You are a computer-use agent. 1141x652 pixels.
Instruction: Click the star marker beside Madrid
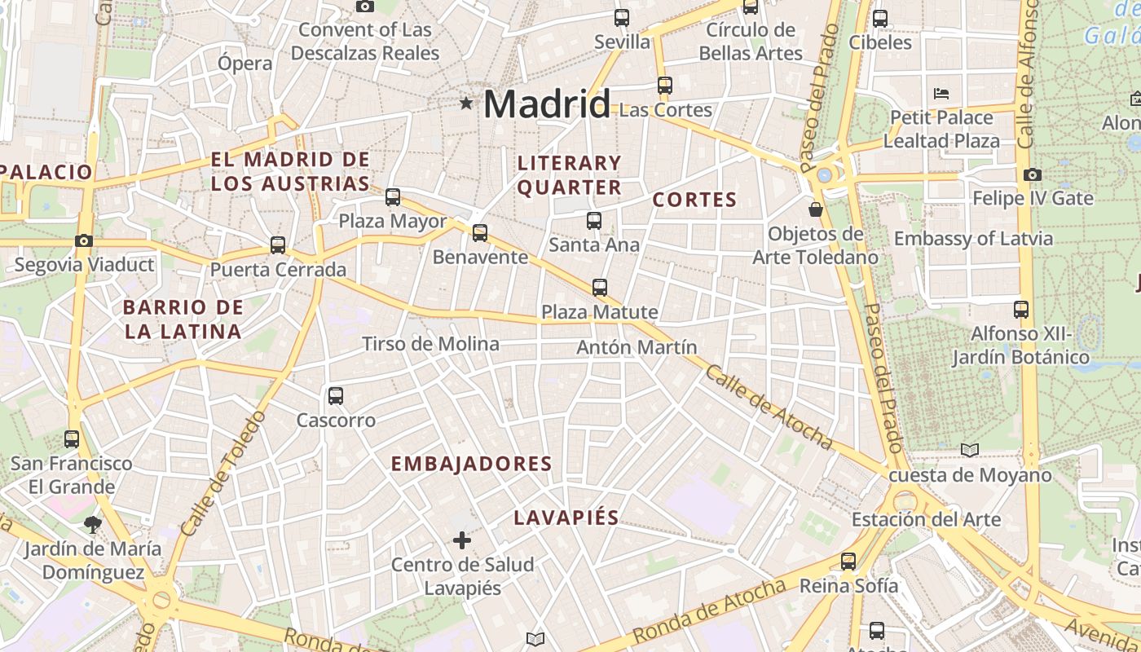pyautogui.click(x=466, y=103)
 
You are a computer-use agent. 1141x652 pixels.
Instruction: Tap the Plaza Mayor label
pyautogui.click(x=393, y=221)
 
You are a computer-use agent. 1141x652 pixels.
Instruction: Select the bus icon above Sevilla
pyautogui.click(x=622, y=17)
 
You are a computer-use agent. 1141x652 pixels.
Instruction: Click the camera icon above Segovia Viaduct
pyautogui.click(x=83, y=240)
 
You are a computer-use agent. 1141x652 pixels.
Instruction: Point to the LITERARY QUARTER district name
pyautogui.click(x=570, y=175)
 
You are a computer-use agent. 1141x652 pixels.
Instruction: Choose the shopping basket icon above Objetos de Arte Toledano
pyautogui.click(x=815, y=209)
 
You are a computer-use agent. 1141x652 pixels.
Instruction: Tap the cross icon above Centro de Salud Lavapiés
pyautogui.click(x=462, y=540)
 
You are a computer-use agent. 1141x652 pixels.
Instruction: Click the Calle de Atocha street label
pyautogui.click(x=769, y=407)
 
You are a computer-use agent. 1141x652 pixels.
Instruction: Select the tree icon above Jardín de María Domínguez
pyautogui.click(x=93, y=524)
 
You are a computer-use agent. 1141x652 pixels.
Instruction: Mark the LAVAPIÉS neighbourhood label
pyautogui.click(x=566, y=518)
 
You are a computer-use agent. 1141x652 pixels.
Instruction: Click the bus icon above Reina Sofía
pyautogui.click(x=848, y=561)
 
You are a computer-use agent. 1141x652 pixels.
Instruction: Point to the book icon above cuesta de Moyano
pyautogui.click(x=970, y=450)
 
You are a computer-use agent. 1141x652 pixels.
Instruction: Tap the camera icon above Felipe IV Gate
pyautogui.click(x=1033, y=174)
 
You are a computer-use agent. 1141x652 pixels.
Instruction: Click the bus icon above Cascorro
pyautogui.click(x=335, y=396)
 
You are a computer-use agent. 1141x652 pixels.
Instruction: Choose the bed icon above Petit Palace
pyautogui.click(x=941, y=93)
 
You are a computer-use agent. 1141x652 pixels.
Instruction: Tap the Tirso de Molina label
pyautogui.click(x=430, y=344)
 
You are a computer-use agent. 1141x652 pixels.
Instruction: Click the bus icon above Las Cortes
pyautogui.click(x=665, y=85)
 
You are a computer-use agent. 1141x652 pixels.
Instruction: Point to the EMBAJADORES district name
pyautogui.click(x=472, y=464)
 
